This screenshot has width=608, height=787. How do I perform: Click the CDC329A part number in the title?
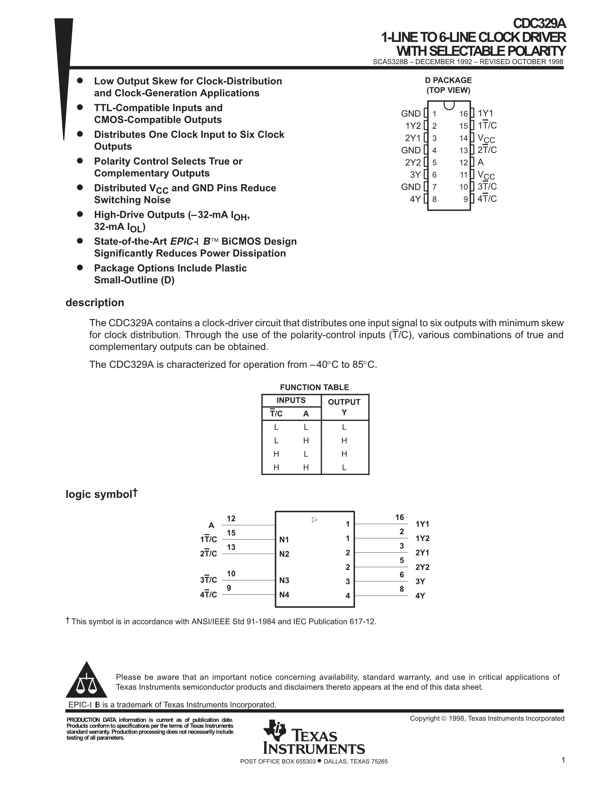point(539,24)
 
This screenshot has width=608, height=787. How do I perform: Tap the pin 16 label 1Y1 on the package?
point(485,113)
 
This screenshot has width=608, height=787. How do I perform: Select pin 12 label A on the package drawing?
point(481,162)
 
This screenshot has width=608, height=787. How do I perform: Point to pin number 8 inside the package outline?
point(434,199)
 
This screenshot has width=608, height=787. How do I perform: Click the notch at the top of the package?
point(449,105)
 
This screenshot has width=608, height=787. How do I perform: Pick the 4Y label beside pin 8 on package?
point(415,199)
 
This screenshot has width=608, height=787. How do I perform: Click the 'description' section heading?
point(95,302)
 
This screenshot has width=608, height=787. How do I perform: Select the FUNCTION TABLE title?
point(315,387)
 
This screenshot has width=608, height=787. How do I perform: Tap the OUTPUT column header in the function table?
point(344,402)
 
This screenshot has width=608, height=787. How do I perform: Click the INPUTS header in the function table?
point(291,400)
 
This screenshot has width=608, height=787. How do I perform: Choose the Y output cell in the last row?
point(344,467)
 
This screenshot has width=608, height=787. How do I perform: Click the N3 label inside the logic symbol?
point(284,580)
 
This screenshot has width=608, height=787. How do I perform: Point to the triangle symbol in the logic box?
point(315,520)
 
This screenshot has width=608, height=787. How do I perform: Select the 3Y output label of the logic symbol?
point(420,581)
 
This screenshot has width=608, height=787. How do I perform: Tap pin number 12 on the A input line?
point(231,518)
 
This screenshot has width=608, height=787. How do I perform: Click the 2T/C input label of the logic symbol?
point(209,554)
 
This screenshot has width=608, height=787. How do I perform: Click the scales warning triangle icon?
point(87,680)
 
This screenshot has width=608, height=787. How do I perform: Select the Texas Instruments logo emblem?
point(275,730)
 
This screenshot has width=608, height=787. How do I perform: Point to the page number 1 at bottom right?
point(563,760)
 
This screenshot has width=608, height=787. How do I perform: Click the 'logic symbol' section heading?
point(99,494)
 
